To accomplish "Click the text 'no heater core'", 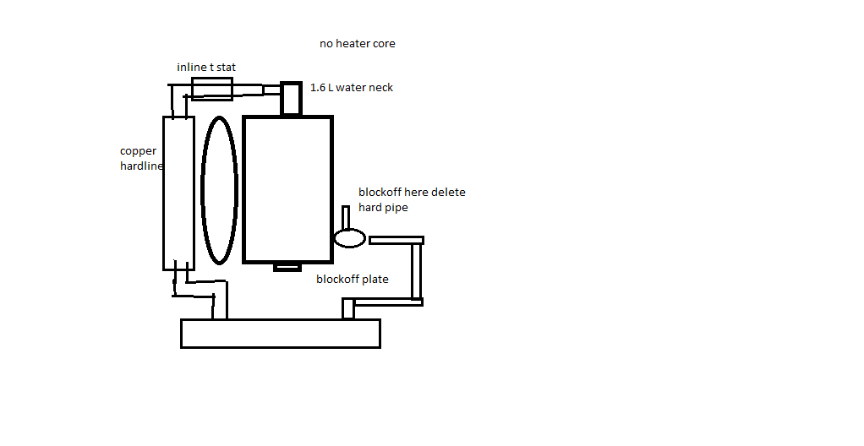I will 357,43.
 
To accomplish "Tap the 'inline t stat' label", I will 206,67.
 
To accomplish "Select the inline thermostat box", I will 211,89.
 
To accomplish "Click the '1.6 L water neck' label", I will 352,87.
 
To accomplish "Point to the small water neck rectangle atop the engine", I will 292,98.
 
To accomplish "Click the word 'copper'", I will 139,151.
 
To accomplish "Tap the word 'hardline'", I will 141,166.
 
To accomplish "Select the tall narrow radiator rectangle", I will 178,193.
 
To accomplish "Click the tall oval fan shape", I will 219,190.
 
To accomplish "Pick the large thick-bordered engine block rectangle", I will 287,189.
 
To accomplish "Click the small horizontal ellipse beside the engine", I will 348,238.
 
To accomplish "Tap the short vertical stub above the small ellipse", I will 346,217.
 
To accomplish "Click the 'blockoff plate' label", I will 353,279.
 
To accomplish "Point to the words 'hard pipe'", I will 383,207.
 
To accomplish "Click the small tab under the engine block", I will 287,268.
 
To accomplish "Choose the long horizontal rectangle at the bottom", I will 280,333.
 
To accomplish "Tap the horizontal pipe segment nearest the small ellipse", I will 396,241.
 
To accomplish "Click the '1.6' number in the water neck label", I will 318,87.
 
